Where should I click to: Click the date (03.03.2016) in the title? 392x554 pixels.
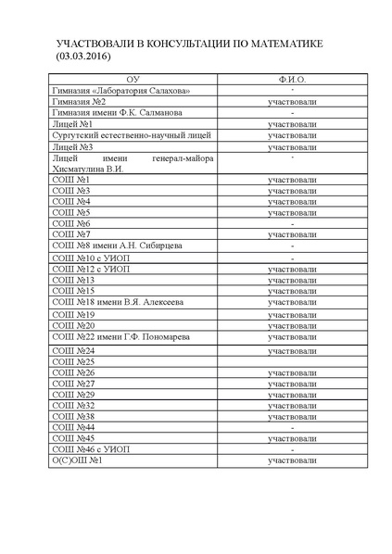point(82,57)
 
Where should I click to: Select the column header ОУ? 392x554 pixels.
point(134,82)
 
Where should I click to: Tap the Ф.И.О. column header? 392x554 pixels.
point(292,82)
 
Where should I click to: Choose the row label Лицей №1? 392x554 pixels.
point(72,123)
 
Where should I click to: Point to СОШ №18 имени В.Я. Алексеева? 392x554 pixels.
point(118,302)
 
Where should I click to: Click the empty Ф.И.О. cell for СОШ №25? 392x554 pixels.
point(292,361)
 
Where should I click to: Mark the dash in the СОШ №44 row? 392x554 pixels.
point(292,427)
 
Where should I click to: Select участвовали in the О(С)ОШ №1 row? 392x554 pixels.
point(292,460)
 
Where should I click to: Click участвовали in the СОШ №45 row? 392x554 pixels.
point(292,438)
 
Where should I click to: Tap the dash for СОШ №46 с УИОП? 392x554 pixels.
point(292,449)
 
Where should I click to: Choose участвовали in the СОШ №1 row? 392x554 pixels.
point(292,180)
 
